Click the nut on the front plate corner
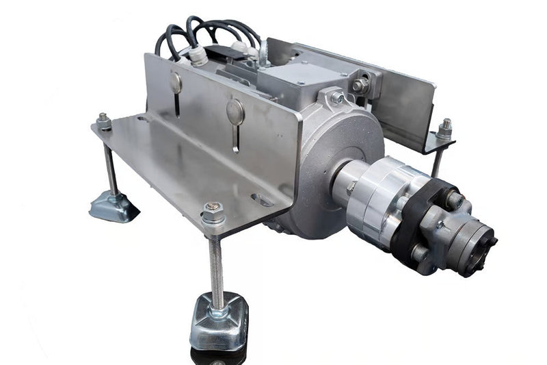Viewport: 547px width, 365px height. point(213,213)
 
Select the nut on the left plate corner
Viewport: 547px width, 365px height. point(103,121)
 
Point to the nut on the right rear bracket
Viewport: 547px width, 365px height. point(444,128)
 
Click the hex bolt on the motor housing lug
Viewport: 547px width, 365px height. point(337,98)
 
